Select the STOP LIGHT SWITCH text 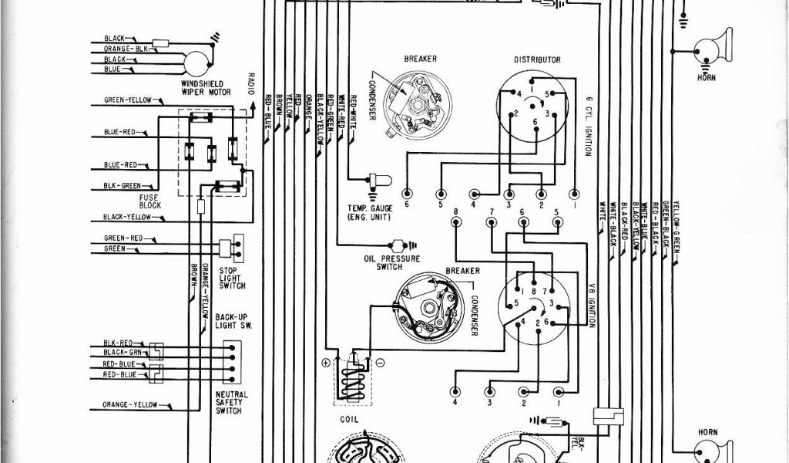[x=230, y=279]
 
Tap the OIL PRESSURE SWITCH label [x=378, y=262]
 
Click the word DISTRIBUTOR [x=537, y=59]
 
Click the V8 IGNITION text [x=591, y=304]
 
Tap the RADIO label [x=251, y=83]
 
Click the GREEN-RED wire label [x=123, y=238]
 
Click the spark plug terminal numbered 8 [x=456, y=221]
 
